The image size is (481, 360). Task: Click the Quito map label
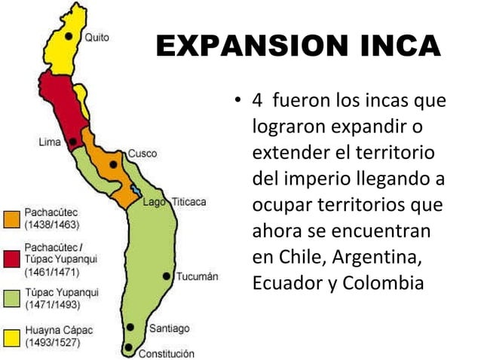(x=97, y=37)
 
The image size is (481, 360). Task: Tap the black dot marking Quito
(x=69, y=35)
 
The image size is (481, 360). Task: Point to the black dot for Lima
(x=72, y=141)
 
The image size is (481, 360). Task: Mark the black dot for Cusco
(x=113, y=163)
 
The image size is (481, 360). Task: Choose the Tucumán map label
(x=197, y=276)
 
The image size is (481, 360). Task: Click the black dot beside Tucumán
(x=166, y=276)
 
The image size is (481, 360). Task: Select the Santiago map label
(x=169, y=328)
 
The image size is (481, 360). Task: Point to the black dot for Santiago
(x=130, y=328)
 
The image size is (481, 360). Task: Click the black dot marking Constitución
(x=129, y=348)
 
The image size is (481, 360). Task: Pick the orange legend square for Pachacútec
(x=11, y=219)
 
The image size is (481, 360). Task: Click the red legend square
(x=11, y=259)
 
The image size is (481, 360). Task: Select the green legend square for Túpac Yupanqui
(x=11, y=299)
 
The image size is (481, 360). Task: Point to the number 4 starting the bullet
(x=257, y=100)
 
